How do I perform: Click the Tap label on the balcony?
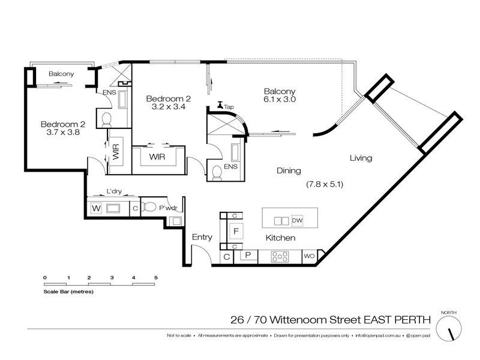click(x=229, y=107)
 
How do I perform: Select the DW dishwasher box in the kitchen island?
click(x=297, y=220)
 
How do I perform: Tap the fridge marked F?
click(x=236, y=231)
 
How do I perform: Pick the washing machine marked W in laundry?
click(x=95, y=209)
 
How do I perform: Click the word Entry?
click(x=202, y=237)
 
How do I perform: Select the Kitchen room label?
click(x=280, y=238)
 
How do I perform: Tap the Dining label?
click(x=288, y=171)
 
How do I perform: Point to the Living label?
click(x=361, y=158)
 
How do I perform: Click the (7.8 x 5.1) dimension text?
click(x=324, y=184)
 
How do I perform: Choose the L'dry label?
click(x=115, y=191)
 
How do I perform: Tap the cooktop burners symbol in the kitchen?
click(x=280, y=256)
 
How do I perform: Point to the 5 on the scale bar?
click(x=156, y=277)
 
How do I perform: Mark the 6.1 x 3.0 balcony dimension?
click(x=281, y=100)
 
